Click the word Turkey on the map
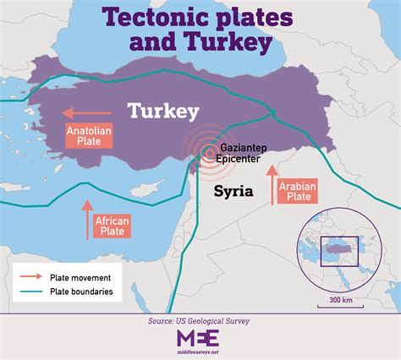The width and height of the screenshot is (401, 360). point(162,111)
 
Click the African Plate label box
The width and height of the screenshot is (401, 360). point(112,226)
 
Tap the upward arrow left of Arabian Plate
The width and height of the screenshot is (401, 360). point(272,186)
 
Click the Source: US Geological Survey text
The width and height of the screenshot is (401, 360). point(200,322)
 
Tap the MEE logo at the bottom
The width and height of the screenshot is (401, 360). point(198,337)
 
